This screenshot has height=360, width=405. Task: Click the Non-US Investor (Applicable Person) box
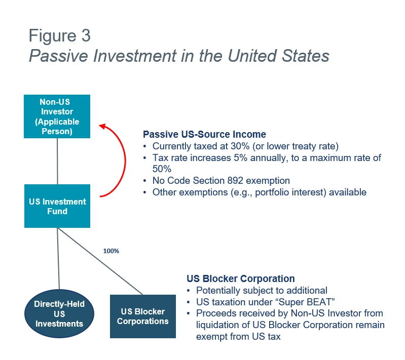pos(57,116)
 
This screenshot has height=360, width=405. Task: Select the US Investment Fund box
pos(57,206)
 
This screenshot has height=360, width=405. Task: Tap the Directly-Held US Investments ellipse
pos(59,313)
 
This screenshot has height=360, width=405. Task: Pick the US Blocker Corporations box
pos(143,316)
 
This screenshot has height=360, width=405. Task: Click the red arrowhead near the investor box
pos(102,126)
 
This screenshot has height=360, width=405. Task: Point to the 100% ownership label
pos(111,251)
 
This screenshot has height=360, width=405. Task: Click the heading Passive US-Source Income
pos(204,135)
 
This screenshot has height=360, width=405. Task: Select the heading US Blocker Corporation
pos(240,278)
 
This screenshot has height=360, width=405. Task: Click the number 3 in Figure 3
pos(86,35)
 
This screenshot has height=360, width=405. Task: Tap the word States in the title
pos(306,56)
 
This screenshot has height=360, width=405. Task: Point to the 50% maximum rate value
pos(162,169)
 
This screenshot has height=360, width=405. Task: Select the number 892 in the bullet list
pos(235,181)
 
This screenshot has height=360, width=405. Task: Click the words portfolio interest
pos(289,192)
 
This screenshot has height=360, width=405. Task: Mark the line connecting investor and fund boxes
pos(57,162)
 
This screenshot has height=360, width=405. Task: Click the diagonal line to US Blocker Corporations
pos(100,261)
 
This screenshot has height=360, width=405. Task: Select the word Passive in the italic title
pos(58,56)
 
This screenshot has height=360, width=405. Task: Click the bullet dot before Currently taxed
pos(144,146)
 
